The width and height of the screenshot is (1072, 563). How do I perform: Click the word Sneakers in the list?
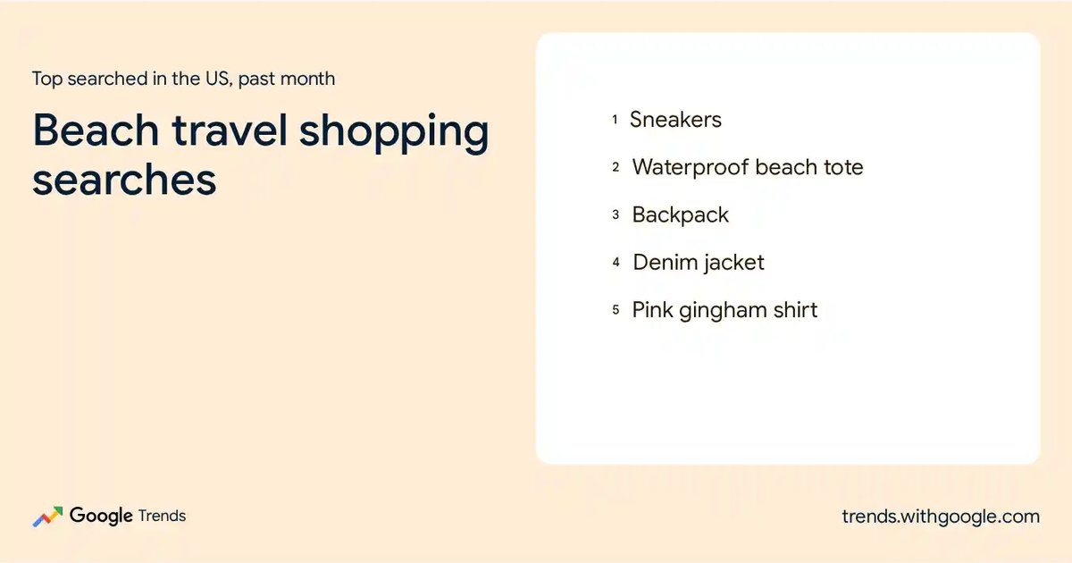pos(675,119)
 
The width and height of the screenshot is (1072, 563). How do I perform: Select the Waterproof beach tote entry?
pos(748,167)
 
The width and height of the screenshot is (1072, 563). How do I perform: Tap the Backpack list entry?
pos(680,215)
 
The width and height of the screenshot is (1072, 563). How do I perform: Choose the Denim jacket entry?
pos(699,263)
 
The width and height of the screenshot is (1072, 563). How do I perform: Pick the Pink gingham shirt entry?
pos(724,310)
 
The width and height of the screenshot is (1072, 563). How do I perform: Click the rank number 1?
pos(615,120)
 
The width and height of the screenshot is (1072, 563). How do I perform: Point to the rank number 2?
pos(616,167)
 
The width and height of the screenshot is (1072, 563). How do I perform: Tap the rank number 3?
pos(616,215)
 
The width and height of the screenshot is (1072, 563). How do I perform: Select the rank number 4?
pos(616,263)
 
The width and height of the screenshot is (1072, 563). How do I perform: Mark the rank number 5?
pos(616,310)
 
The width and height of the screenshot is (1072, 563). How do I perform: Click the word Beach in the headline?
pos(96,130)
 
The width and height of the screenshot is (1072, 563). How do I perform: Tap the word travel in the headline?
pos(230,130)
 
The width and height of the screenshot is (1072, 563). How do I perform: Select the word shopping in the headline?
pos(394,133)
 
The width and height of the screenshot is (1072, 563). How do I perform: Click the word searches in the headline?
pos(124,180)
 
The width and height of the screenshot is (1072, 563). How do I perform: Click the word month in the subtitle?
pos(307,79)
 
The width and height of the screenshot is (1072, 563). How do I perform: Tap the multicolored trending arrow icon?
pos(48,517)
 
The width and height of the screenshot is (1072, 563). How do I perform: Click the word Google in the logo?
pos(101,517)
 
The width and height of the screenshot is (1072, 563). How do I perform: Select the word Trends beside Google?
pos(162,516)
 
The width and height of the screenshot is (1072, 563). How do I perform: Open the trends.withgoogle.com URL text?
pos(941,517)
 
